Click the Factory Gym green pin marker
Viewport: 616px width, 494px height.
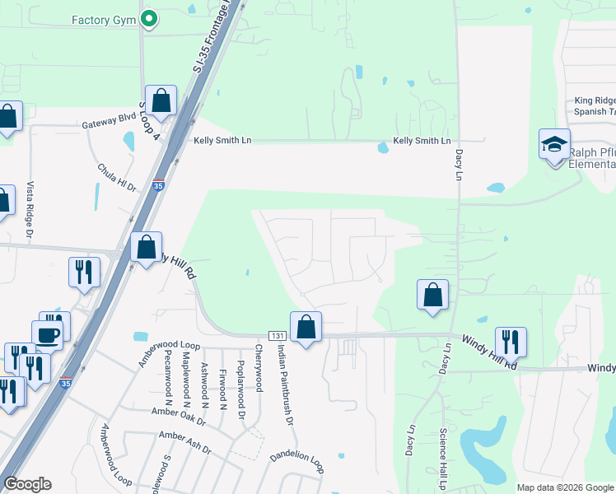[149, 19]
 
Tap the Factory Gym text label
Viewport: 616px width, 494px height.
[103, 19]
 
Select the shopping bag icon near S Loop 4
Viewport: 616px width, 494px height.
[161, 100]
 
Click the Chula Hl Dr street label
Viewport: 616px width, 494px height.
[116, 178]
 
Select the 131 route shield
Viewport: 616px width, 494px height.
[277, 336]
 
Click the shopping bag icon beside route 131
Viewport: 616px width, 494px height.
[306, 327]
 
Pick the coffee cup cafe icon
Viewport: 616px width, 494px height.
[46, 335]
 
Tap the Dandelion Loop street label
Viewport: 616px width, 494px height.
[297, 459]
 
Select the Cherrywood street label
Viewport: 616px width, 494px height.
[258, 368]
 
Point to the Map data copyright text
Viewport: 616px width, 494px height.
[564, 487]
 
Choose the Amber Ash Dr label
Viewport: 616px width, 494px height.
[184, 443]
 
